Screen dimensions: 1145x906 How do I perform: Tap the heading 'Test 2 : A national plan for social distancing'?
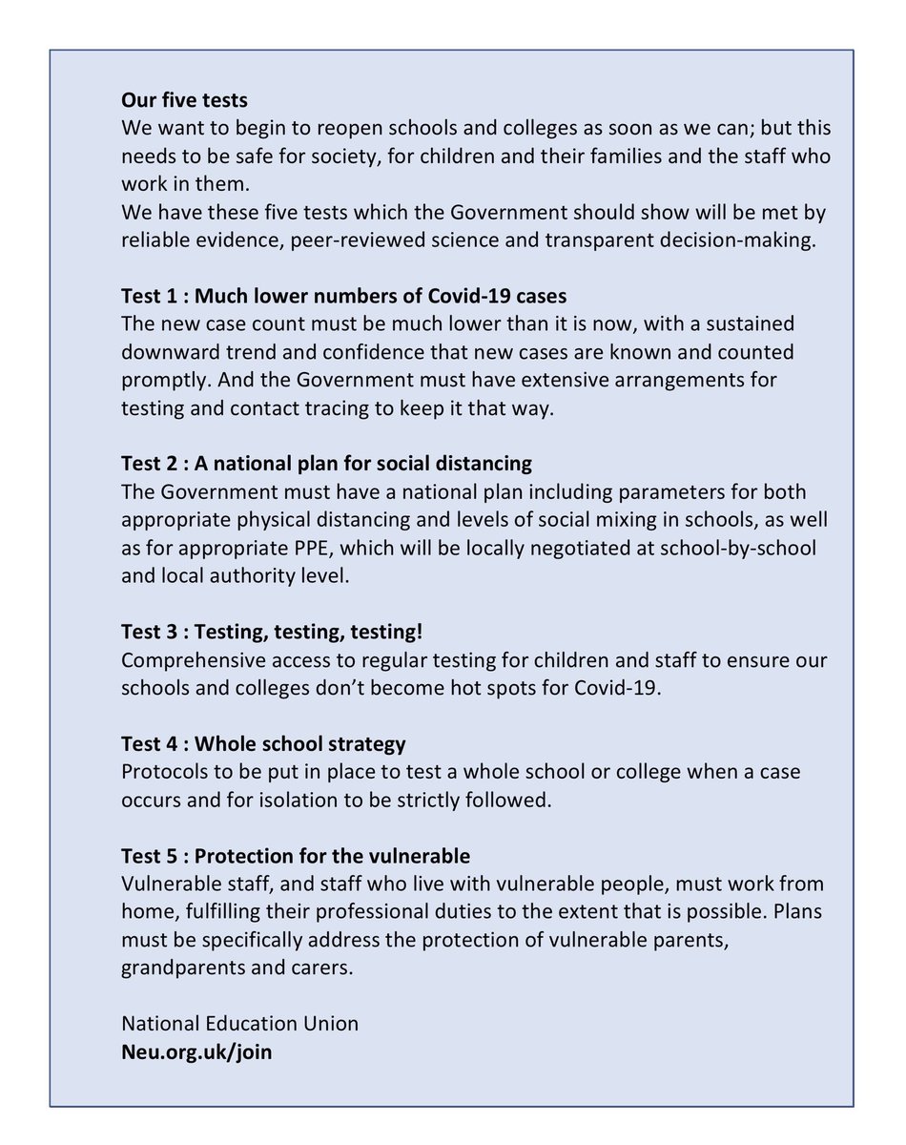coord(326,465)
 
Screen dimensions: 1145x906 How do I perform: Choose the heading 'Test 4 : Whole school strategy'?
coord(263,743)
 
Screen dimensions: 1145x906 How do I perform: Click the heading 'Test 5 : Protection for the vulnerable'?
coord(296,856)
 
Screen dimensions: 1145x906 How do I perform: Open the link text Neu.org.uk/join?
coord(196,1056)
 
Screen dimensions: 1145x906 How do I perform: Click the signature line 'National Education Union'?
coord(240,1024)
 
